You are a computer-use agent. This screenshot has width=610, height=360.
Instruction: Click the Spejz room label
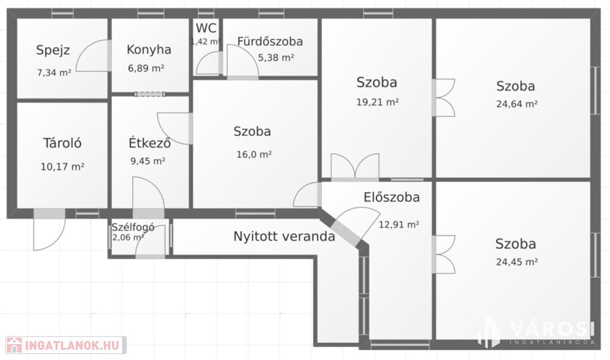click(53, 51)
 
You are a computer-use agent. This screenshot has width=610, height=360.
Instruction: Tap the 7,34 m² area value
click(54, 72)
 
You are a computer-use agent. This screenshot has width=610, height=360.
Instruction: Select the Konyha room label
click(149, 50)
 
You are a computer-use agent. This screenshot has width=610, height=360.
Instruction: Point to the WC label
click(206, 28)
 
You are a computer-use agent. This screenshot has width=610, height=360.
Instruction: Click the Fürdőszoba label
click(270, 41)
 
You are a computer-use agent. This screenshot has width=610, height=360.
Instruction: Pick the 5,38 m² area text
click(276, 58)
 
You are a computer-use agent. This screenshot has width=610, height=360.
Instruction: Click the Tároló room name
click(62, 143)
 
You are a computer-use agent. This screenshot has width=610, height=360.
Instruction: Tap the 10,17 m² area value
click(63, 166)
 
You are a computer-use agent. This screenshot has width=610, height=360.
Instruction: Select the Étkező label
click(150, 142)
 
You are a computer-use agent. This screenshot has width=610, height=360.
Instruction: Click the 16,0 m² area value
click(254, 154)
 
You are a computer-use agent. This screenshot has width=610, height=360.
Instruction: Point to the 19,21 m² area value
click(377, 103)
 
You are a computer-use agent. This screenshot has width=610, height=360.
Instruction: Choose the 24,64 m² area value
click(517, 104)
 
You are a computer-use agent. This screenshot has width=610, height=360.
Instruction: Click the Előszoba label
click(392, 197)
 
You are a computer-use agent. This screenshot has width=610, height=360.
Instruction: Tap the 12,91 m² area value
click(399, 225)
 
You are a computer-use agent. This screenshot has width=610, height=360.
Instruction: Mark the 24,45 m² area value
click(517, 262)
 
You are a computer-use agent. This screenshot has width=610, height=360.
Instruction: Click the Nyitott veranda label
click(284, 236)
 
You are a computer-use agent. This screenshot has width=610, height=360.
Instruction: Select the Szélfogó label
click(133, 227)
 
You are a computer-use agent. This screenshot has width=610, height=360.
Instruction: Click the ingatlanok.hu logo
click(66, 345)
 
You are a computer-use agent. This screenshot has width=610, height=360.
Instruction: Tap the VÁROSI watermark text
click(552, 329)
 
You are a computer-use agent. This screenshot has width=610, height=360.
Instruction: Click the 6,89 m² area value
click(146, 69)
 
